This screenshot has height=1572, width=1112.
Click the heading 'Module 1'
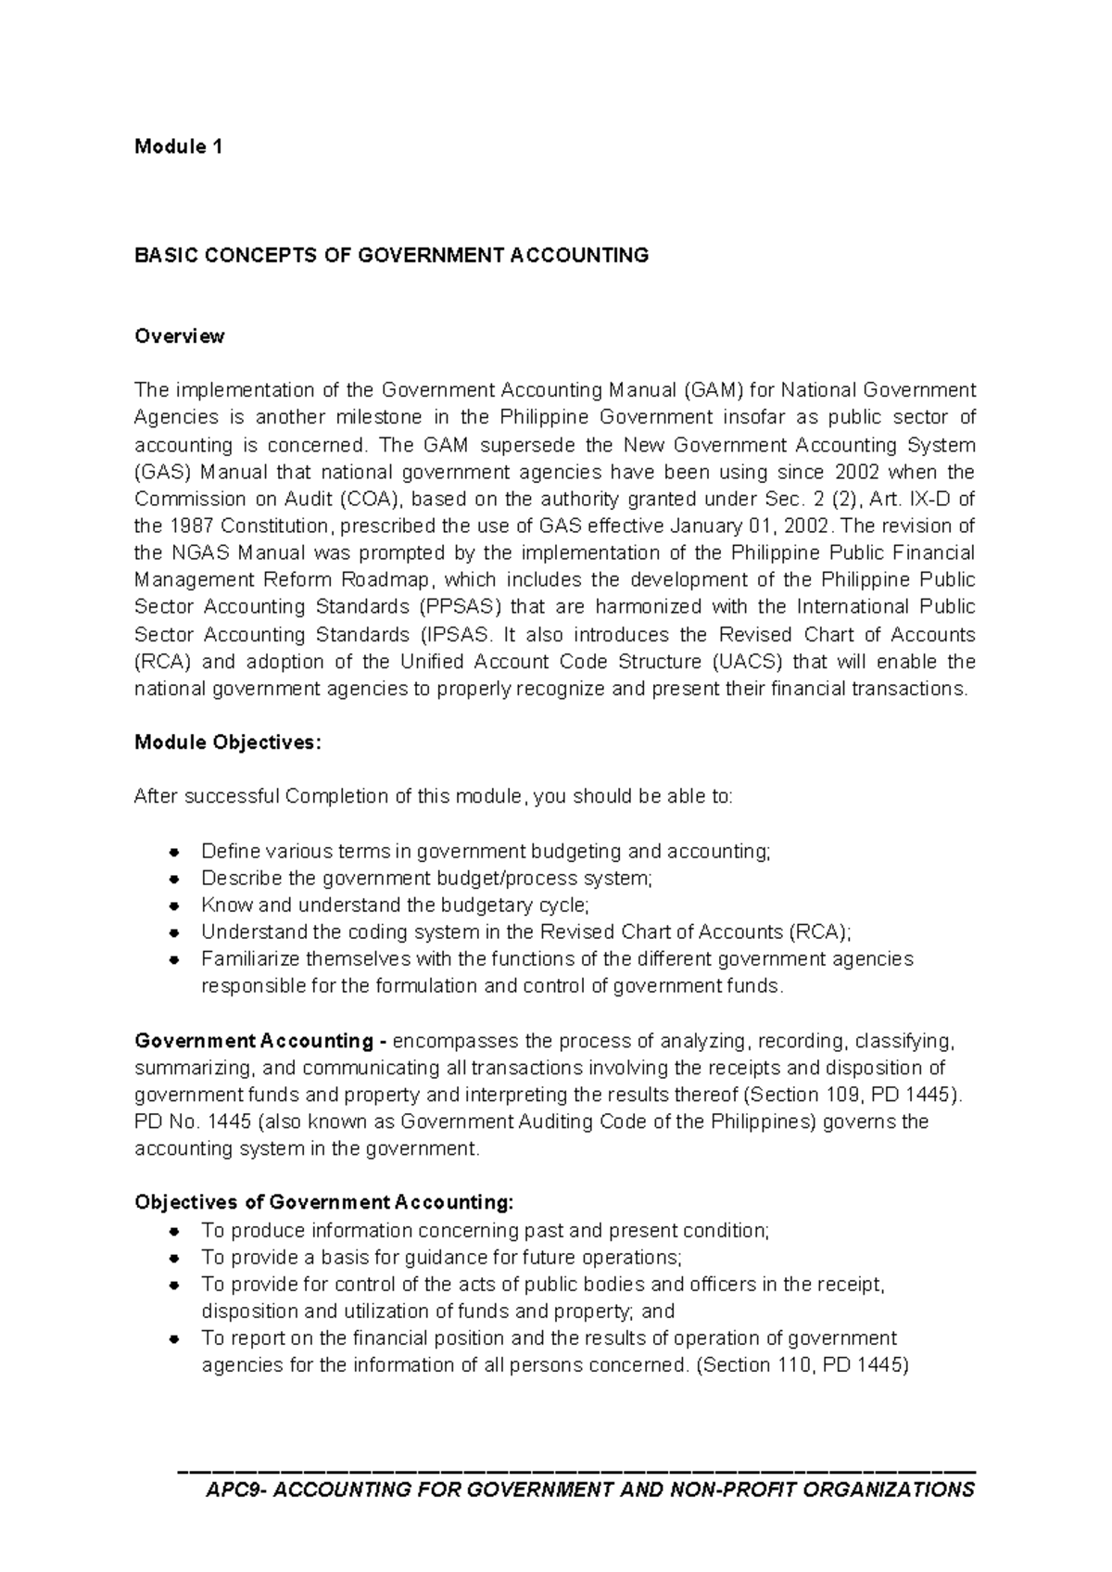[178, 146]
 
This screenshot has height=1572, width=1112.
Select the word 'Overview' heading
[180, 336]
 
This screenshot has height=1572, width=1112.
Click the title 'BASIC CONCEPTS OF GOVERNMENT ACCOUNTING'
[391, 256]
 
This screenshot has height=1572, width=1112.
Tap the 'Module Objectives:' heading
[228, 742]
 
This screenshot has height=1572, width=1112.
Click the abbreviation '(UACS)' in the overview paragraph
[749, 662]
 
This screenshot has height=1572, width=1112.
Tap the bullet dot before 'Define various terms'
[174, 852]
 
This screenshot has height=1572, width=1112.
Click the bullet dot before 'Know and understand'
[174, 906]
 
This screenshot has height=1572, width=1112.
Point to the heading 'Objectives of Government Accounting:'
[323, 1203]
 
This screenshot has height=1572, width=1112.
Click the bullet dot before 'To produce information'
[174, 1232]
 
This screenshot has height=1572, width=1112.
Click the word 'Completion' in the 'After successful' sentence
[335, 797]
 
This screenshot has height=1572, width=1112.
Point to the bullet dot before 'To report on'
[174, 1339]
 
